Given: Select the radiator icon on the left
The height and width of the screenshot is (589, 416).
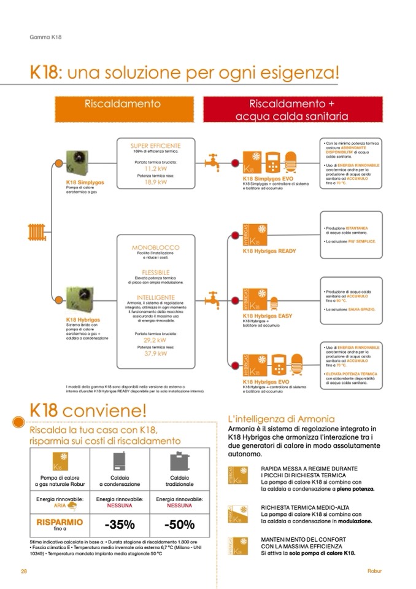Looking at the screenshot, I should [36, 232].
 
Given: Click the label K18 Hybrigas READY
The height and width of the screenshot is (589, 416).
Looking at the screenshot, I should [269, 251].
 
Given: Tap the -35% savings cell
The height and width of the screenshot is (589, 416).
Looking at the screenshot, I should [119, 525].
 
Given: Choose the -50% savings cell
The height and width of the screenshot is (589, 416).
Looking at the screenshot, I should [179, 525].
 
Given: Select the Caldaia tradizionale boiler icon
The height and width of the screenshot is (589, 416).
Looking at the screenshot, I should [179, 461].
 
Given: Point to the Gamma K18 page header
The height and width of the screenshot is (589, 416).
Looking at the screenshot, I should [45, 37].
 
